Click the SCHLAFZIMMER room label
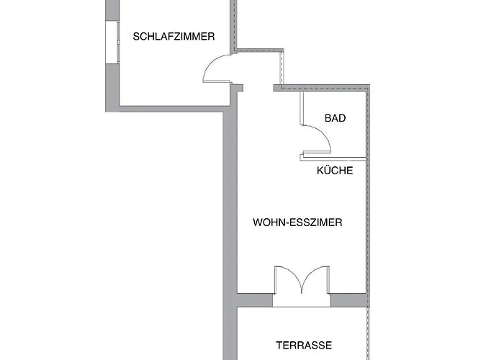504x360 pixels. click(x=174, y=37)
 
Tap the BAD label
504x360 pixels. click(x=336, y=118)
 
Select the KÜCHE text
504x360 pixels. click(x=335, y=170)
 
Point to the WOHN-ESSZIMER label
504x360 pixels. click(x=297, y=222)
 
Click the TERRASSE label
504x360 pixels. click(x=304, y=345)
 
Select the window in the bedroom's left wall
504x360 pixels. click(x=112, y=42)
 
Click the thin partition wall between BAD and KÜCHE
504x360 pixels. click(x=333, y=158)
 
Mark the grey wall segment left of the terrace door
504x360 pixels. click(x=255, y=300)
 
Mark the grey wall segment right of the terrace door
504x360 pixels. click(x=348, y=300)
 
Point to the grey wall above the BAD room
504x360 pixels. click(x=321, y=88)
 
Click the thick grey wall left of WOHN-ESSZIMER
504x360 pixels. click(x=230, y=225)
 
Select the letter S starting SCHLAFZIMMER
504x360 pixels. click(x=136, y=37)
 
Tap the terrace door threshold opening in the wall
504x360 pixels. click(x=302, y=300)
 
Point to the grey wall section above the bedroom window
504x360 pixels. click(x=112, y=10)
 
